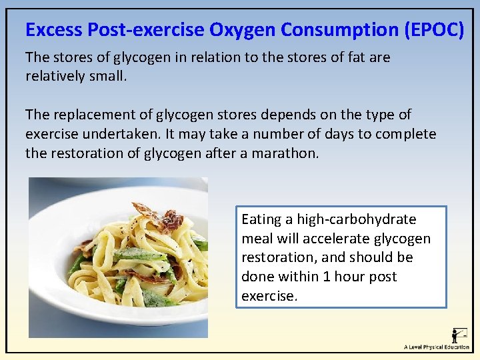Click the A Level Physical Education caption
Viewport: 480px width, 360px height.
coord(436,347)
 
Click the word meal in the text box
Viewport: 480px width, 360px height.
coord(257,239)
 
